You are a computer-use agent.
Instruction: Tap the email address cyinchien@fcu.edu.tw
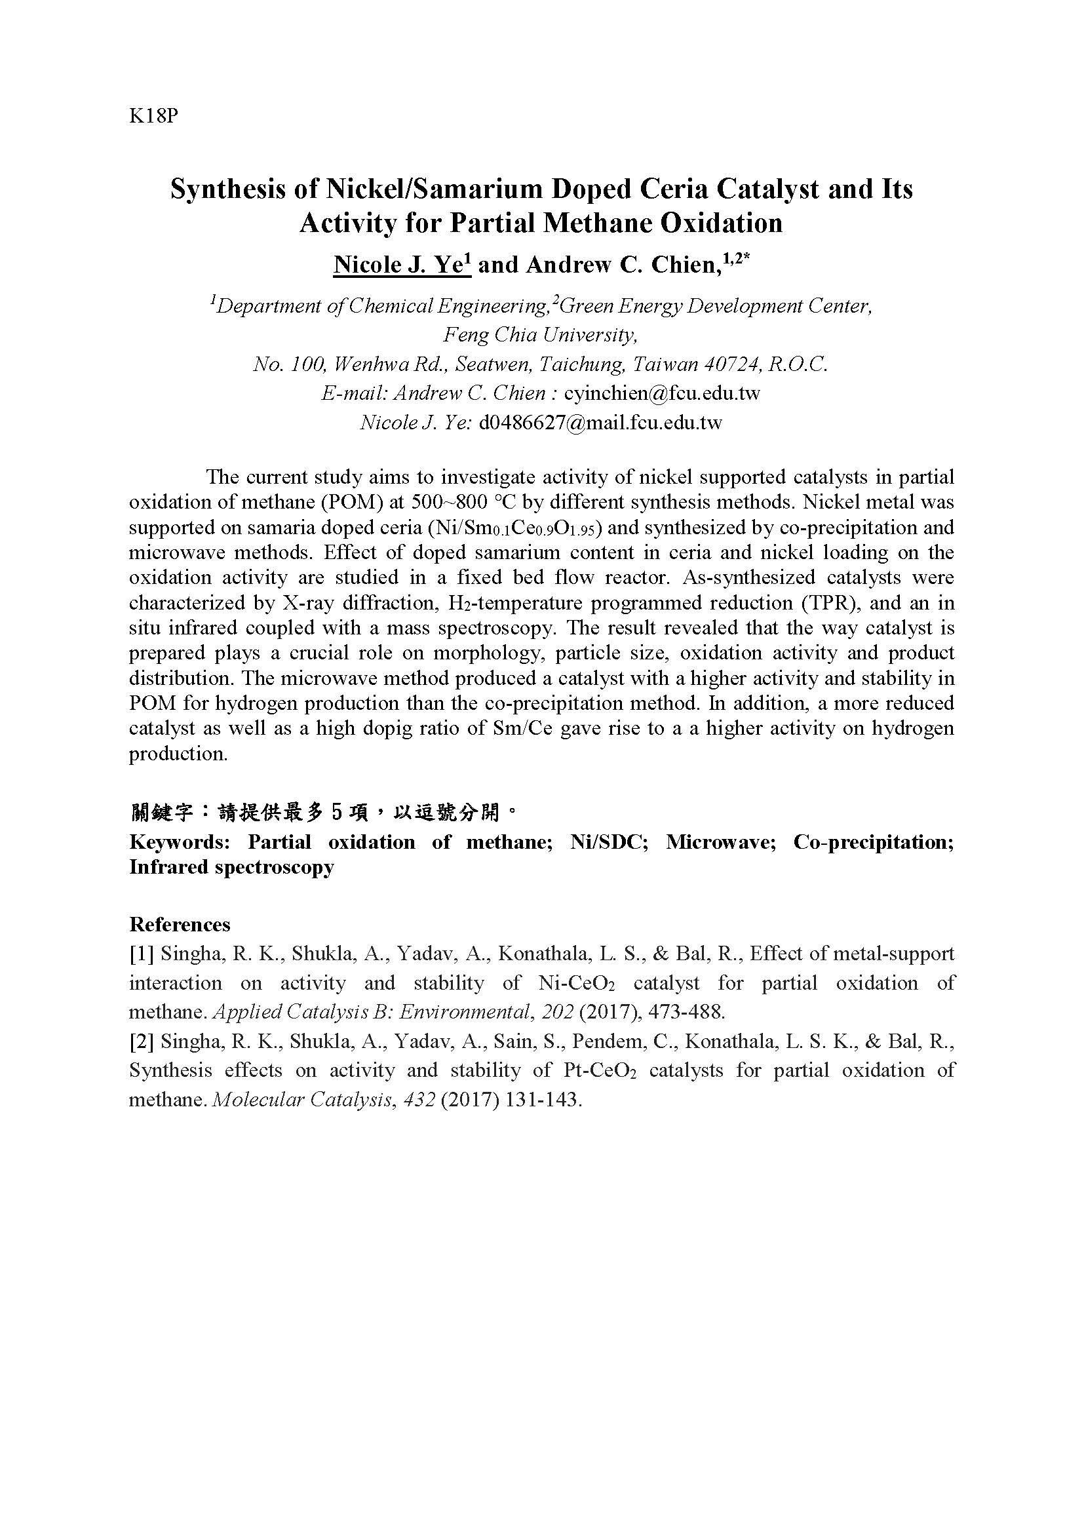click(x=661, y=393)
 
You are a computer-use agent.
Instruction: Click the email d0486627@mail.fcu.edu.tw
click(x=600, y=423)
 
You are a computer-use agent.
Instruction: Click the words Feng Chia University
click(x=541, y=335)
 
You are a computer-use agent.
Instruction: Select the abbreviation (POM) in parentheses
click(x=362, y=502)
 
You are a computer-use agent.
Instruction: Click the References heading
click(x=180, y=924)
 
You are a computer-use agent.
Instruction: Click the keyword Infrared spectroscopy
click(x=231, y=867)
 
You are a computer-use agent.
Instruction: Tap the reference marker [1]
click(x=142, y=954)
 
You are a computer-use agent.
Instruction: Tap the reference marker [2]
click(x=142, y=1041)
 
